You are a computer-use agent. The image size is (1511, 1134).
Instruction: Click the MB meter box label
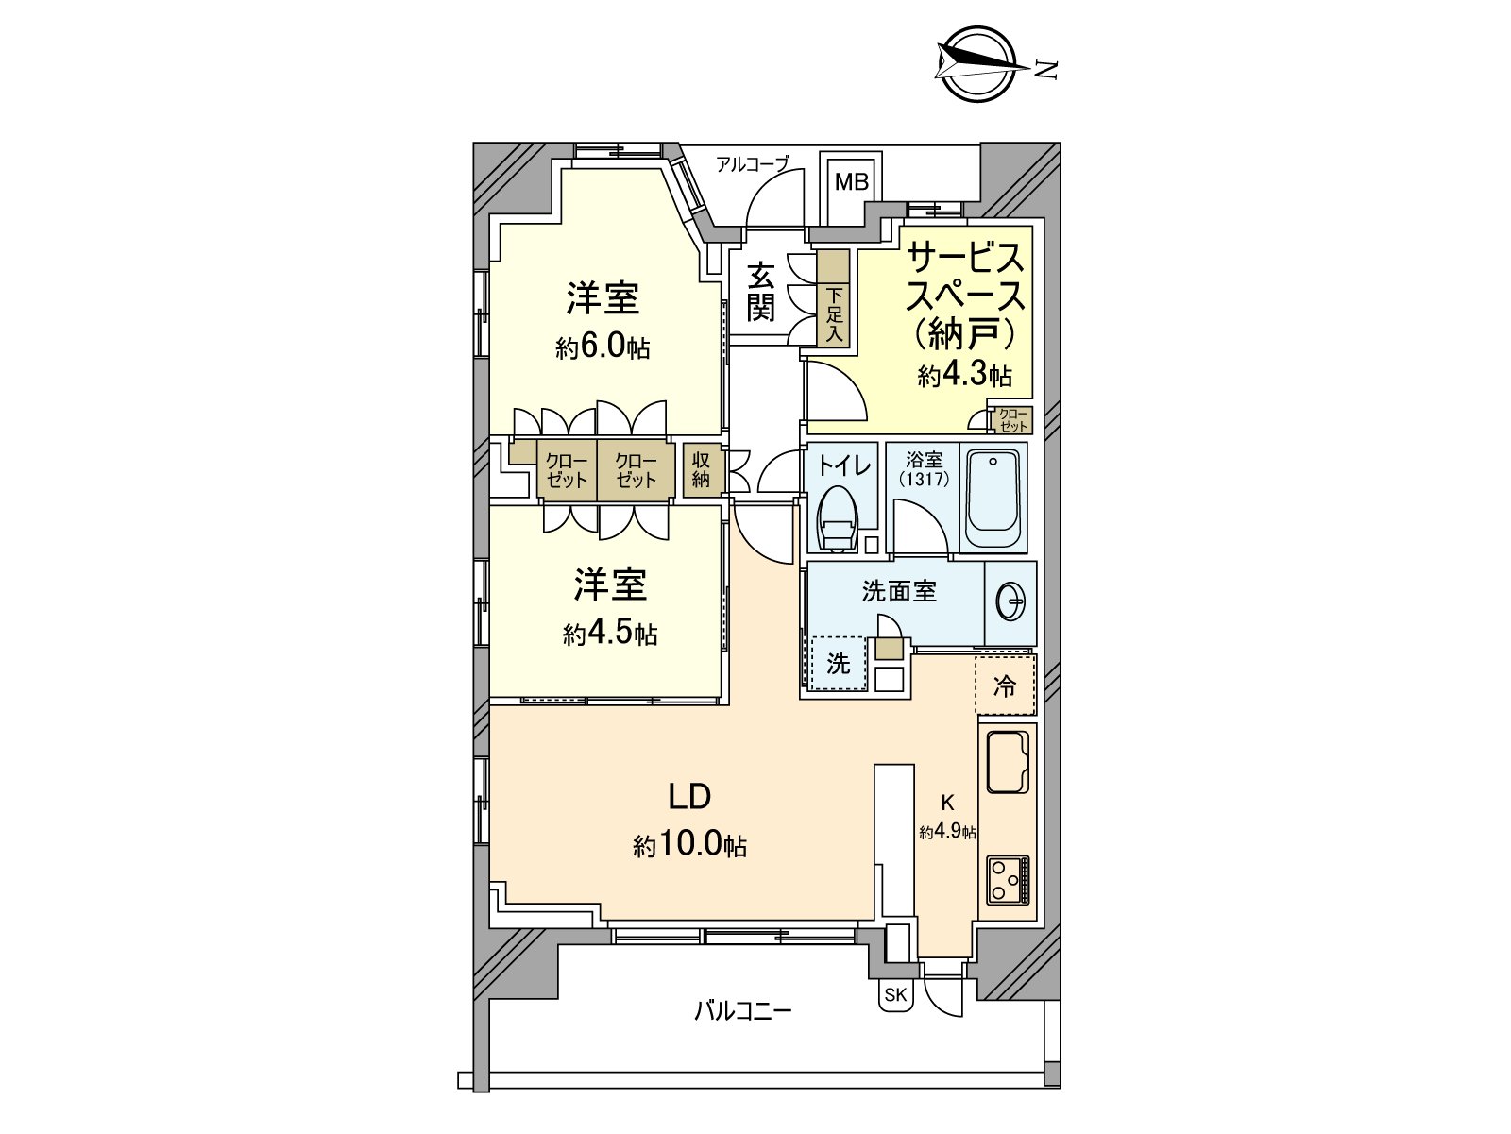851,181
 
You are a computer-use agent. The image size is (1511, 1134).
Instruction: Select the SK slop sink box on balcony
895,995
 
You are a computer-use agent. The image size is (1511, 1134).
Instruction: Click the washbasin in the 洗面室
1010,601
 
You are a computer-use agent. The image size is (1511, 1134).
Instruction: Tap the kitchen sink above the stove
1008,761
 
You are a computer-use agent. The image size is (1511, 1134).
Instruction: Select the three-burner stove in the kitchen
1008,879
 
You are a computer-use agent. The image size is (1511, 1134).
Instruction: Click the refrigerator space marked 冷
1005,685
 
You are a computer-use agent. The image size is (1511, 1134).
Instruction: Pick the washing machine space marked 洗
839,664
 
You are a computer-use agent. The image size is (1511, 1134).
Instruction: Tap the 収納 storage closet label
701,469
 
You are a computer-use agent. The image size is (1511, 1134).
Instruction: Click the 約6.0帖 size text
603,347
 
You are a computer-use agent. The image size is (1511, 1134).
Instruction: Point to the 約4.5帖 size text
610,634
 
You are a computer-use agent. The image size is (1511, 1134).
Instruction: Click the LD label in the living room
689,797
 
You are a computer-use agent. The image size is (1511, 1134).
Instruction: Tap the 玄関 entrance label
761,292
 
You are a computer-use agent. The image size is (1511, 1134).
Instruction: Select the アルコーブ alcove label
752,164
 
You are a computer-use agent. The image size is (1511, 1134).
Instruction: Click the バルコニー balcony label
743,1011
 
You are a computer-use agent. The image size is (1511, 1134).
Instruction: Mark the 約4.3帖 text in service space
965,376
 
